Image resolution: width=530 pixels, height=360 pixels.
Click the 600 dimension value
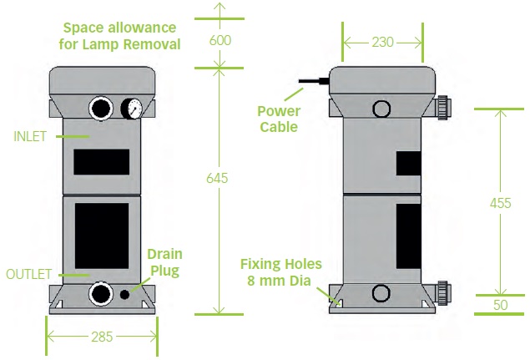tap(220, 40)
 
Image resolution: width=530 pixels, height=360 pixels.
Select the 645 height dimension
tap(220, 178)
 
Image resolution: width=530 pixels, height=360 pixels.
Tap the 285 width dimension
tap(102, 337)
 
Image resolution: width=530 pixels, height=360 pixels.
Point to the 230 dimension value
tap(383, 40)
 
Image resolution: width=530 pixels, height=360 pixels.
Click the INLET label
tap(29, 134)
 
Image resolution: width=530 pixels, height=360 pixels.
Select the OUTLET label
tap(29, 273)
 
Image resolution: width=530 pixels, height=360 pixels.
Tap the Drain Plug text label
tap(164, 262)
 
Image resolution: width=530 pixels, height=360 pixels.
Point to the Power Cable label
tap(278, 119)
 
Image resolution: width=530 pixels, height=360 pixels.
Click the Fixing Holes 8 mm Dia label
tap(280, 272)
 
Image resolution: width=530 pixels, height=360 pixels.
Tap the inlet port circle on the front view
tap(102, 109)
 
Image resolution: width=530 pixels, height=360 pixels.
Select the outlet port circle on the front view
tap(102, 293)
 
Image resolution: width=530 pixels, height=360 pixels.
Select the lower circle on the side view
tap(381, 293)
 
